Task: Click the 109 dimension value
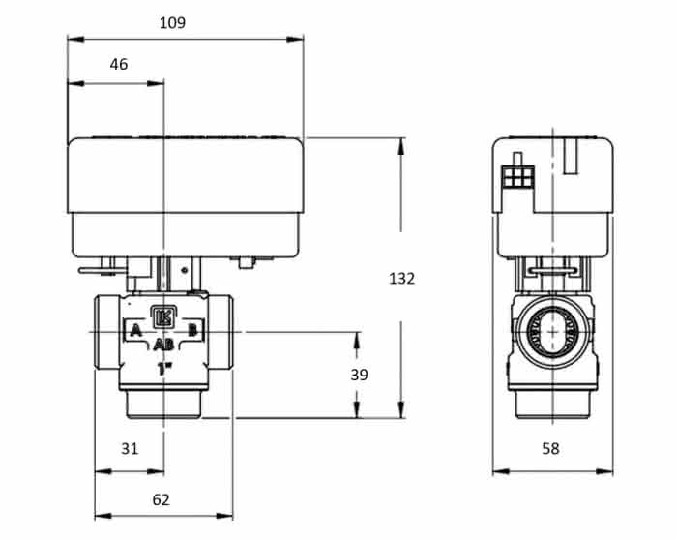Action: pos(173,23)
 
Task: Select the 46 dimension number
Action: pos(119,65)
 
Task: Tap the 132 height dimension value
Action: pos(401,279)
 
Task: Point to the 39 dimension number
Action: pos(359,375)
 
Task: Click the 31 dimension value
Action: pos(130,448)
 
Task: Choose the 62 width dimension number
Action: pos(162,499)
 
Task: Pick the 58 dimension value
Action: pos(550,448)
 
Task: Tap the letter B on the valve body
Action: pos(192,331)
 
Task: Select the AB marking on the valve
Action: pos(163,345)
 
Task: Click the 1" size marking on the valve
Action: pos(165,369)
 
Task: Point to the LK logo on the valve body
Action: pos(164,316)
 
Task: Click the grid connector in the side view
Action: pos(518,177)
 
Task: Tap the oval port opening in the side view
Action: pos(552,331)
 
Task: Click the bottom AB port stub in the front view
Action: pos(163,405)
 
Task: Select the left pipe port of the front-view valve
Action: pos(108,332)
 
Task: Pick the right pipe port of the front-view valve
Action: pos(221,332)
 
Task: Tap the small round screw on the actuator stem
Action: pos(185,270)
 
